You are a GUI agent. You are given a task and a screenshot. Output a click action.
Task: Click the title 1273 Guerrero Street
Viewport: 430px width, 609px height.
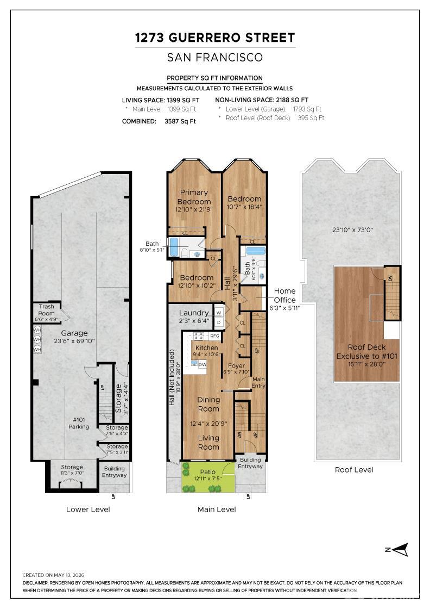coord(215,38)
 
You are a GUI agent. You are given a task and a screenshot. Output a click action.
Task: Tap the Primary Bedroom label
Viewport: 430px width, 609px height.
coord(194,197)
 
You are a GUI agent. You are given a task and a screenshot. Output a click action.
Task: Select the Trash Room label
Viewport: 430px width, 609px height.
coord(46,310)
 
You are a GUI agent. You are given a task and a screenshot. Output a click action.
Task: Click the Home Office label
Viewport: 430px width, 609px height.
coord(284,295)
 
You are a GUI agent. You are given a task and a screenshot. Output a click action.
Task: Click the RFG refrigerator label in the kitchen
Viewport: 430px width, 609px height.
coord(214,336)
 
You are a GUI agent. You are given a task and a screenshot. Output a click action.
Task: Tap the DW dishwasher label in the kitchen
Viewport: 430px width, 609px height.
coord(203,365)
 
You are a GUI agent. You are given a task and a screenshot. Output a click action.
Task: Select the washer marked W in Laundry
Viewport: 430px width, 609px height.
coord(219,312)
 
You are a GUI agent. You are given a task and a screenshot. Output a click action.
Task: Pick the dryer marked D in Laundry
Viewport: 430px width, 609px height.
coord(219,322)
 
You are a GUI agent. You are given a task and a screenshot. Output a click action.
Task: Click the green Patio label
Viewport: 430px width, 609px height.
coord(208,471)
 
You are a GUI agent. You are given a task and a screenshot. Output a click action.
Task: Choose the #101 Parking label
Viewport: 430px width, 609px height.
coord(79,423)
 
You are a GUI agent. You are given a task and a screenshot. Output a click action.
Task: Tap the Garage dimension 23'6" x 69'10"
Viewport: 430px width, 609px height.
coord(74,341)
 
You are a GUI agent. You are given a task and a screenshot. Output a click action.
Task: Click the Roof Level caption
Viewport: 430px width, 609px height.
coord(354,470)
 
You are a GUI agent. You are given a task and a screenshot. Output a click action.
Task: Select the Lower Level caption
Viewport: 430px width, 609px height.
coord(88,509)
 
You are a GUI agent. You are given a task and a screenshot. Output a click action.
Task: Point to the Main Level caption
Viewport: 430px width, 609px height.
coord(217,509)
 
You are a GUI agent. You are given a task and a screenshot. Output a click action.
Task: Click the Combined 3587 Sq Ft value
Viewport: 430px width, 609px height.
coord(180,121)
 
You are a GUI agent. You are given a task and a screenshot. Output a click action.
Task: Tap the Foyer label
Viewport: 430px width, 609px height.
coord(236,365)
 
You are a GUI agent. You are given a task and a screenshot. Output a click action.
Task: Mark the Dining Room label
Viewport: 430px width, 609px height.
coord(208,404)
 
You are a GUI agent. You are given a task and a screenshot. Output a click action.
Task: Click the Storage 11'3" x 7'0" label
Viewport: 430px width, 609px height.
coord(72,470)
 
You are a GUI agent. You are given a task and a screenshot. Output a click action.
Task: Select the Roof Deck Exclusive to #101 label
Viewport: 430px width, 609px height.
coord(367,351)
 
